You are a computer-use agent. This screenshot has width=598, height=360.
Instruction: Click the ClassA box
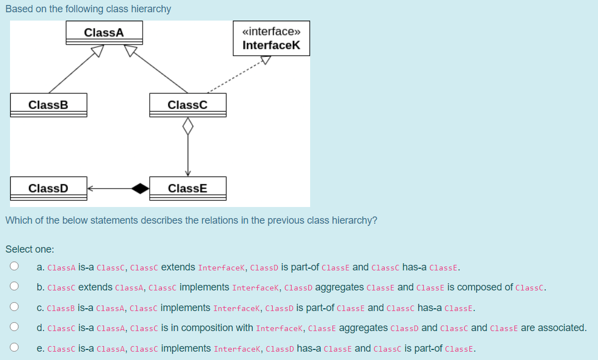104,33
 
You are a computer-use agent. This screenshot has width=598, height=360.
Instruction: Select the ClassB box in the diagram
48,105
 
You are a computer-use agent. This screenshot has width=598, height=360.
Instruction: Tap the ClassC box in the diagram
188,105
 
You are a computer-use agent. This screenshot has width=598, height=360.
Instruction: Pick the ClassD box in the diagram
48,188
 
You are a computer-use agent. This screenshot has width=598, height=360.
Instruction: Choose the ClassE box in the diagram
188,188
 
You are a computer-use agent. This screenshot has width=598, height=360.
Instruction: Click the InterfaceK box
271,38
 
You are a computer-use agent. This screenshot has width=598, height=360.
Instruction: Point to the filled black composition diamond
140,188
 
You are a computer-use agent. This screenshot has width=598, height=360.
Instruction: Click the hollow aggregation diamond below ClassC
188,126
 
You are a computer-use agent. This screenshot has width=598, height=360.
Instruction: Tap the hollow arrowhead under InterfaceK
266,60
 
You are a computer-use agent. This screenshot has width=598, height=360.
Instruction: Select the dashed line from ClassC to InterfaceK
234,78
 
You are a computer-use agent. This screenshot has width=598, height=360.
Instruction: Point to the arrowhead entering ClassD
91,188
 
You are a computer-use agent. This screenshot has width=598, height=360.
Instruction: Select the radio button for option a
14,267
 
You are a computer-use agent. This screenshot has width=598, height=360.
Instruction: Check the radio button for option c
14,307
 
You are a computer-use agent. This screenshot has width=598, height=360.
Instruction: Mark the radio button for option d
14,328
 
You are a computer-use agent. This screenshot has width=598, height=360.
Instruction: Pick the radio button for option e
14,348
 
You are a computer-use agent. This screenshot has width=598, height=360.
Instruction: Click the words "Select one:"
30,249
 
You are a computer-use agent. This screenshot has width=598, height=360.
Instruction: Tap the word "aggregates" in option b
340,287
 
